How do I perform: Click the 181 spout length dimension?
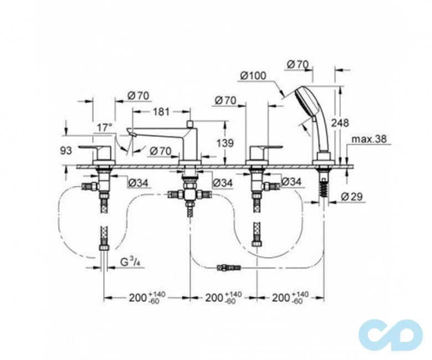coord(160,112)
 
